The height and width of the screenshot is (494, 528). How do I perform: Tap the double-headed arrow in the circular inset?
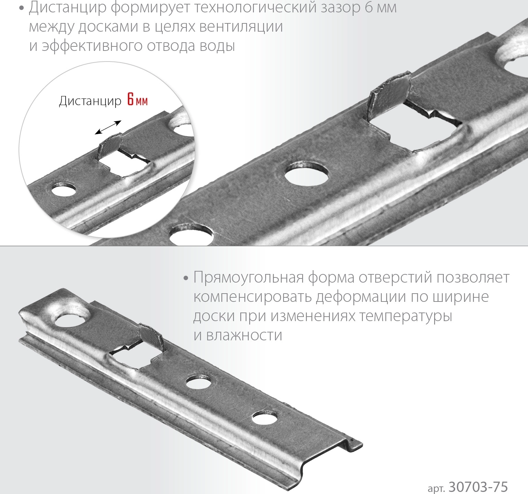point(108,127)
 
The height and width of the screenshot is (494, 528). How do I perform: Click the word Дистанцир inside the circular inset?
point(90,101)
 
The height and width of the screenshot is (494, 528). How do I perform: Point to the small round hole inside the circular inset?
point(64,191)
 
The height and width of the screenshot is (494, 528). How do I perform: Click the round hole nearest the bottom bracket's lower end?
point(265,417)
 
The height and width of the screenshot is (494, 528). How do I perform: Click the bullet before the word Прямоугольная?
point(186,278)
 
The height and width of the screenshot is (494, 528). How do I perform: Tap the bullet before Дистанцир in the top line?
point(22,9)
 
